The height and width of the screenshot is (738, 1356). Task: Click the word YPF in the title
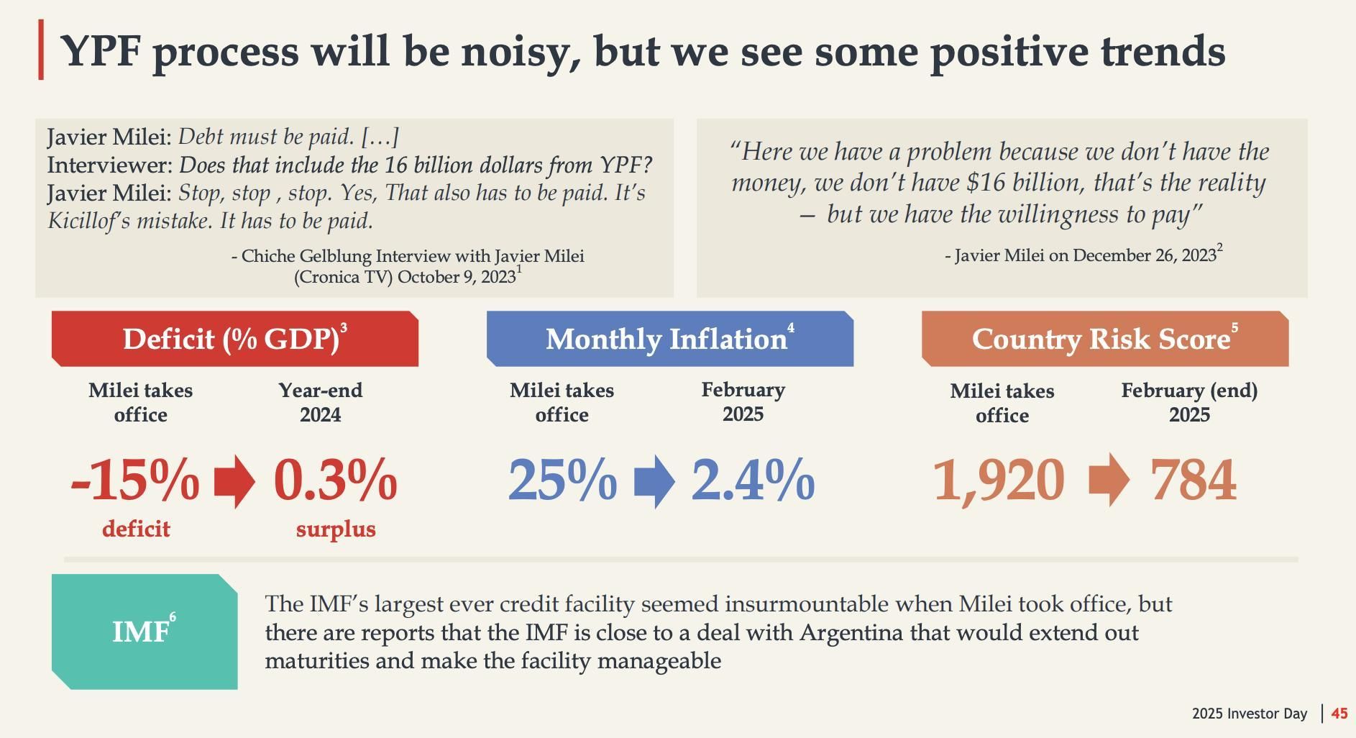(x=100, y=51)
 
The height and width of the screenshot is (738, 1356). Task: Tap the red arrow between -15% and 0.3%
(x=235, y=481)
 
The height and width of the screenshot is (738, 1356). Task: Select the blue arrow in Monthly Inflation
(x=654, y=481)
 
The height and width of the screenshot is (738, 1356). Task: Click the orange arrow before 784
(x=1109, y=480)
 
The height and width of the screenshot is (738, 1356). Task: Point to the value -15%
(x=135, y=480)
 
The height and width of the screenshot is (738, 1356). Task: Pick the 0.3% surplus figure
(x=335, y=480)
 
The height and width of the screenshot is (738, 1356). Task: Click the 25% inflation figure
(x=562, y=480)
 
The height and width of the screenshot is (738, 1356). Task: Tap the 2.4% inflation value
(x=753, y=480)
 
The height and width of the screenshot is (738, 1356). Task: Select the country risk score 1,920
(x=999, y=480)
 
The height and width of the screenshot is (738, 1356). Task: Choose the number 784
(x=1194, y=480)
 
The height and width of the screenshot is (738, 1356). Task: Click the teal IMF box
(x=145, y=632)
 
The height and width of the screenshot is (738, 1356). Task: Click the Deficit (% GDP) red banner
(x=234, y=339)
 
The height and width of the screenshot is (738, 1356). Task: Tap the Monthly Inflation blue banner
(x=669, y=339)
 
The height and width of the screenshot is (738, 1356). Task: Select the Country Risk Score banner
(x=1104, y=339)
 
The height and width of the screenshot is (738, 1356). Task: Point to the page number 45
(x=1339, y=714)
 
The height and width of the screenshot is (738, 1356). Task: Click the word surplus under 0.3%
(x=336, y=529)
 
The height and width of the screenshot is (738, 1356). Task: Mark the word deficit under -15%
(x=136, y=529)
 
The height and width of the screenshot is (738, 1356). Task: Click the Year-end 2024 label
(x=321, y=402)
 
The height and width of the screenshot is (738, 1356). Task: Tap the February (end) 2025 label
(x=1189, y=402)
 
